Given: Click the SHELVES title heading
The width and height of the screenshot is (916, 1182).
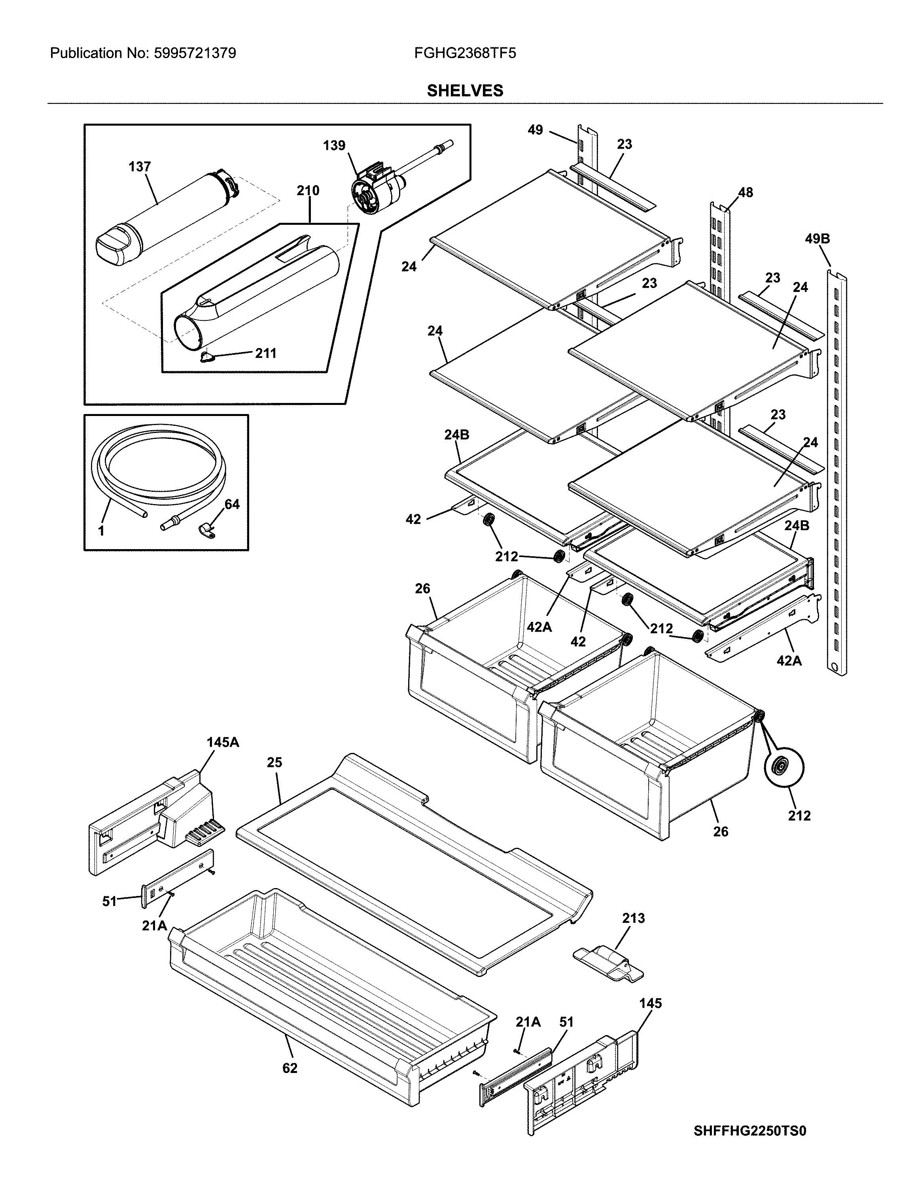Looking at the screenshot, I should point(465,90).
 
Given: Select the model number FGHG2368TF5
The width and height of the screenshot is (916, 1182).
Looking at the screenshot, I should point(465,53).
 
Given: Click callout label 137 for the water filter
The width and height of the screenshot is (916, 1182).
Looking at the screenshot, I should point(139,167).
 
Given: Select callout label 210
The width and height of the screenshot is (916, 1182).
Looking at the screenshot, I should point(308,190).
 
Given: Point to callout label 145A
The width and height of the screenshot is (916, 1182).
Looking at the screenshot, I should point(223,742).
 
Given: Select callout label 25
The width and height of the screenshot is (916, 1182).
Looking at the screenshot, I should point(274,762).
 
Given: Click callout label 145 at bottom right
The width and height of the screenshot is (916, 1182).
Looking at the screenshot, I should point(650,1003).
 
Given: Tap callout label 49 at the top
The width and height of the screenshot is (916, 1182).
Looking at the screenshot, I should point(535,130).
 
